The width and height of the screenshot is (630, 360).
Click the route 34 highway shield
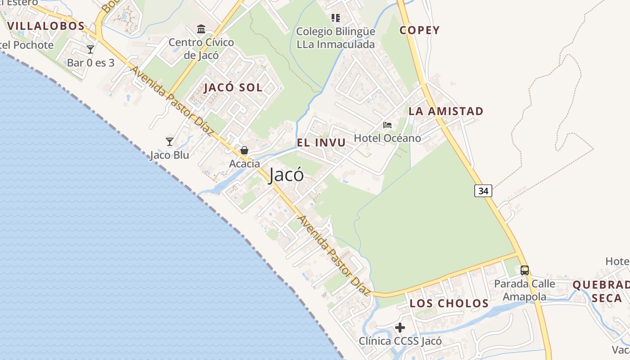(483, 191)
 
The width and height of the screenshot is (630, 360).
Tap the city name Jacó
(286, 175)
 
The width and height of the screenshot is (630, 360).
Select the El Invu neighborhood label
(321, 143)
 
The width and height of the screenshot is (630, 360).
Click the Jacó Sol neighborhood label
(233, 87)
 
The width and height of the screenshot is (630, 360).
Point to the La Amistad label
(446, 111)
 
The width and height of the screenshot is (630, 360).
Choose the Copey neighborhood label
(420, 30)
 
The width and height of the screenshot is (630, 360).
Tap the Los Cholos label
(449, 303)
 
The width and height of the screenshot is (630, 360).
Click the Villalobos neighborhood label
(46, 26)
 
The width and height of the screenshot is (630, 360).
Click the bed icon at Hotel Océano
(387, 125)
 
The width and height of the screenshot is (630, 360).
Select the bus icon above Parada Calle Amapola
(525, 270)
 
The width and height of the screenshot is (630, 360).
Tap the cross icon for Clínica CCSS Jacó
(400, 328)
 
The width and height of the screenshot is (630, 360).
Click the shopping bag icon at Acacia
(244, 150)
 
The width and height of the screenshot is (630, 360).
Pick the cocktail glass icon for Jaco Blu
(170, 142)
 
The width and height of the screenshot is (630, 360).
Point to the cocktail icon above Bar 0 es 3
(90, 49)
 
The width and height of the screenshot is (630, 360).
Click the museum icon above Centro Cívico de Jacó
(201, 29)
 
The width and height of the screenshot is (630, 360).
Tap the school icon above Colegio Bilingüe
(335, 18)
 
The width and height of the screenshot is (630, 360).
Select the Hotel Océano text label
(387, 138)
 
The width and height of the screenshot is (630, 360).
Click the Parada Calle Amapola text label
(525, 290)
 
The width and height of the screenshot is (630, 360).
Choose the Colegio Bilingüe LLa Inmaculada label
(335, 38)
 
